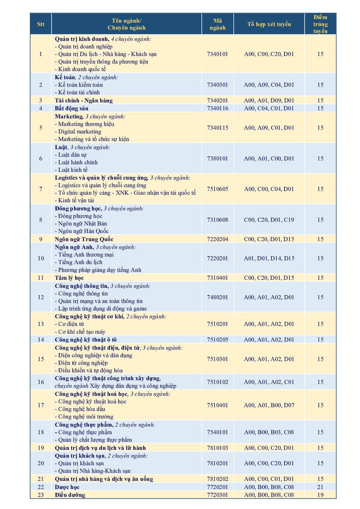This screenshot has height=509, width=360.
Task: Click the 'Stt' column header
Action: tap(41, 24)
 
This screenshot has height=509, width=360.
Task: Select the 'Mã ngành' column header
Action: tap(218, 24)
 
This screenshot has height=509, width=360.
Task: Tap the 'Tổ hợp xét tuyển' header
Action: tap(269, 24)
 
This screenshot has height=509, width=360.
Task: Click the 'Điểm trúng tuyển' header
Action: tap(320, 24)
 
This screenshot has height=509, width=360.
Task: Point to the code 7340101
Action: tap(218, 53)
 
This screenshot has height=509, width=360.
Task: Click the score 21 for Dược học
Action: tap(320, 486)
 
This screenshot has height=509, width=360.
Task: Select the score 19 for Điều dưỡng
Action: tap(320, 495)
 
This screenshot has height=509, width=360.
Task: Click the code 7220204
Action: tap(218, 239)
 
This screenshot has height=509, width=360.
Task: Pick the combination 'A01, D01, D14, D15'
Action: tap(269, 258)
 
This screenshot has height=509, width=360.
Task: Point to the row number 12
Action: tap(41, 297)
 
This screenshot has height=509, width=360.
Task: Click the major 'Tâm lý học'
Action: tap(69, 278)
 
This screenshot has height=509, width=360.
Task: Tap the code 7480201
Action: tap(218, 297)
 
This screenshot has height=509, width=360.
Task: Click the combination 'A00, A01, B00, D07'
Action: tap(269, 405)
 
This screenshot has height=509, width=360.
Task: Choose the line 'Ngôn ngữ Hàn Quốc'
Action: tap(83, 231)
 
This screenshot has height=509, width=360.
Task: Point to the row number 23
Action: tap(41, 495)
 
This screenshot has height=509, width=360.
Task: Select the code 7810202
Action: tap(218, 479)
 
